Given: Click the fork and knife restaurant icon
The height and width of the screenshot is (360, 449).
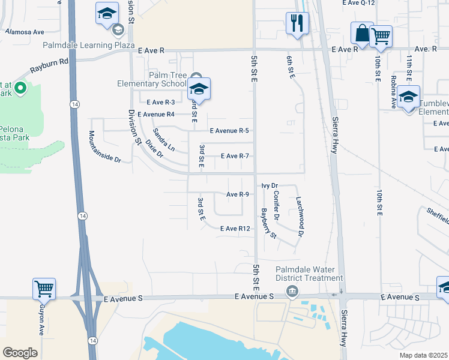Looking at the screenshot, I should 297,23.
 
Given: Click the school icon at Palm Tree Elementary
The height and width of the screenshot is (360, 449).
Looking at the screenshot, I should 198,89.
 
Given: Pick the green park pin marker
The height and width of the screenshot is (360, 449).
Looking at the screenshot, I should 20,89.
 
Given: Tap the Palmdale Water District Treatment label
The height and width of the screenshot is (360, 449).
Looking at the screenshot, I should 309,273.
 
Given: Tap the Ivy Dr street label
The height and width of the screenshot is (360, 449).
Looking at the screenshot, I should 270,186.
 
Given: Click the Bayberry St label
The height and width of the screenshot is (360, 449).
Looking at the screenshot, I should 268,223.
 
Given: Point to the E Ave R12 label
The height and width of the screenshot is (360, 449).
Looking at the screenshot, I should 235,229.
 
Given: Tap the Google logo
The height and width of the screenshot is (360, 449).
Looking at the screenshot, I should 20,352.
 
